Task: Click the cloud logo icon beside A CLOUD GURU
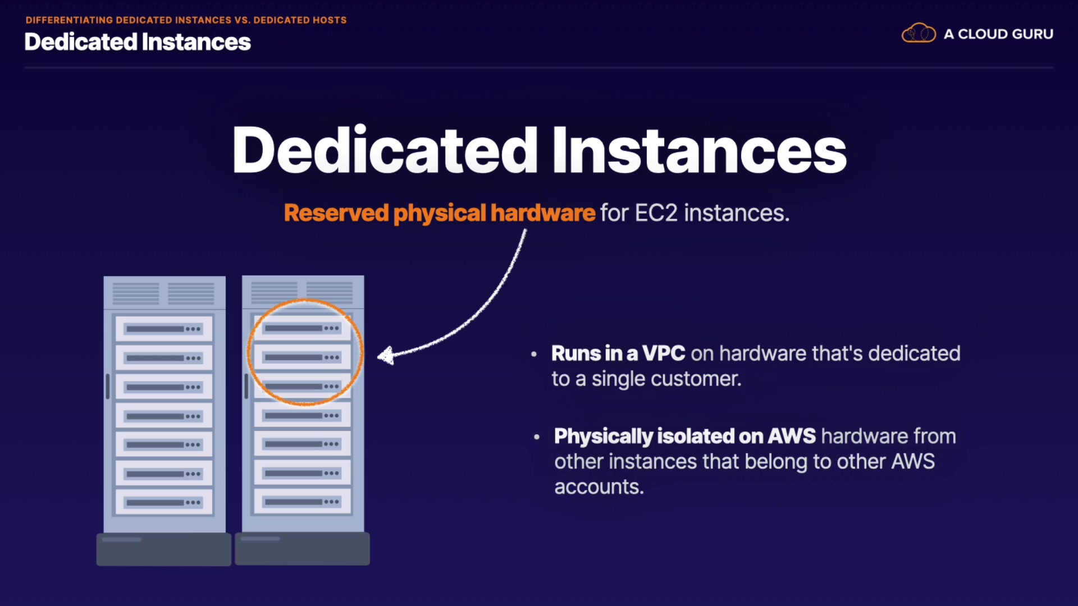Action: click(x=919, y=33)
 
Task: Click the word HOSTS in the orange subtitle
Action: click(x=330, y=20)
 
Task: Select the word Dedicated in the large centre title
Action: click(x=385, y=150)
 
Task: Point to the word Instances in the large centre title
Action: click(x=700, y=150)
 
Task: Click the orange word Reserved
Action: click(x=336, y=213)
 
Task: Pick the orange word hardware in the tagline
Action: click(x=542, y=213)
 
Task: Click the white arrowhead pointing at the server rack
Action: click(x=385, y=355)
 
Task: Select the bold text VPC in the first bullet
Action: click(x=664, y=353)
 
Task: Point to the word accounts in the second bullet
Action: click(x=599, y=487)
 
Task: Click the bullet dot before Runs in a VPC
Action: click(x=534, y=354)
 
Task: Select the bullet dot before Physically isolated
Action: click(x=537, y=437)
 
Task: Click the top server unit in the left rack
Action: click(x=164, y=329)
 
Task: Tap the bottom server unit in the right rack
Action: click(x=302, y=502)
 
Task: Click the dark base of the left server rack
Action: click(x=164, y=549)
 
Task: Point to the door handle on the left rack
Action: click(x=108, y=387)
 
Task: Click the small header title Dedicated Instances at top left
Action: click(x=138, y=42)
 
